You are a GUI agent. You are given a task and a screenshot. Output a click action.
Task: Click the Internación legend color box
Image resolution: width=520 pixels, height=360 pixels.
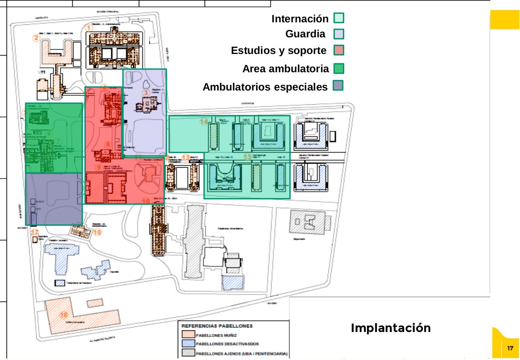pyautogui.click(x=339, y=18)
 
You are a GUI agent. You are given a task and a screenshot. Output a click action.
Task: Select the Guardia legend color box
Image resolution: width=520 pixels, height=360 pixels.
pyautogui.click(x=339, y=34)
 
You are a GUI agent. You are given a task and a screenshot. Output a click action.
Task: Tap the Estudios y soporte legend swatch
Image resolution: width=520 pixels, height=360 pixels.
pyautogui.click(x=339, y=50)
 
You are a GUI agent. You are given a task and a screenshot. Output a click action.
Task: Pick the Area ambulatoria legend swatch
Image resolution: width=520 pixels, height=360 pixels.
pyautogui.click(x=339, y=69)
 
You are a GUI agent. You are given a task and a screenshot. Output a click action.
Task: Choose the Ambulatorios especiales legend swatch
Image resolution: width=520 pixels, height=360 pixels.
pyautogui.click(x=338, y=86)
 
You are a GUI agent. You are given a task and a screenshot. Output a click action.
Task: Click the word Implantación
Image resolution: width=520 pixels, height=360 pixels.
pyautogui.click(x=391, y=328)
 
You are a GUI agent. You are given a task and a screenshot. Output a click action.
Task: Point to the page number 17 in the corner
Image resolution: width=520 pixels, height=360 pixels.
pyautogui.click(x=510, y=348)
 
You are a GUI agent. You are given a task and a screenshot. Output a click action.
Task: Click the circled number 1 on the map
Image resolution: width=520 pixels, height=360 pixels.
pyautogui.click(x=90, y=28)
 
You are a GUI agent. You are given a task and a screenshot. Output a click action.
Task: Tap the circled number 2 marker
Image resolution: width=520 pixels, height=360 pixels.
pyautogui.click(x=37, y=38)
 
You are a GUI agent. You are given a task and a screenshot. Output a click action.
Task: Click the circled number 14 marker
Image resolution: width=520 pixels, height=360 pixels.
pyautogui.click(x=204, y=121)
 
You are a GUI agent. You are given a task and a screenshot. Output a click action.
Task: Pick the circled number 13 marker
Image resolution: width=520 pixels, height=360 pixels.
pyautogui.click(x=186, y=157)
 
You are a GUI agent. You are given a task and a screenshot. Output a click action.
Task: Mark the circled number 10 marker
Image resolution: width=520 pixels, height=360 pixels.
pyautogui.click(x=97, y=233)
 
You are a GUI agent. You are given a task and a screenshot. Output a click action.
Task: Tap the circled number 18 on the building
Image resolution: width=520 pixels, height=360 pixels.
pyautogui.click(x=64, y=315)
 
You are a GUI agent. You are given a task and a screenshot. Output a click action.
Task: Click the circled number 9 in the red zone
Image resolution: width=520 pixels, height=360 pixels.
pyautogui.click(x=98, y=167)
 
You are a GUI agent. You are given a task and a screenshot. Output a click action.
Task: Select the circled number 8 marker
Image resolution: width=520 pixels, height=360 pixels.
pyautogui.click(x=108, y=144)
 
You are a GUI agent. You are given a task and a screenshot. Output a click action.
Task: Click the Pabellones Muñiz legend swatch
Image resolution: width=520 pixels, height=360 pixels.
pyautogui.click(x=188, y=335)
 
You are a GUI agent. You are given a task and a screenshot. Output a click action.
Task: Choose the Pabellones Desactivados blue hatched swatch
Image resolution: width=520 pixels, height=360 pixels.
pyautogui.click(x=188, y=345)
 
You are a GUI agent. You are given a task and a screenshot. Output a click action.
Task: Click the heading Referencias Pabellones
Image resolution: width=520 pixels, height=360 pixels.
pyautogui.click(x=216, y=326)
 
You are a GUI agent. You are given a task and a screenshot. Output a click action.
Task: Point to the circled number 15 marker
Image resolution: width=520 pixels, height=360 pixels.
pyautogui.click(x=247, y=157)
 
